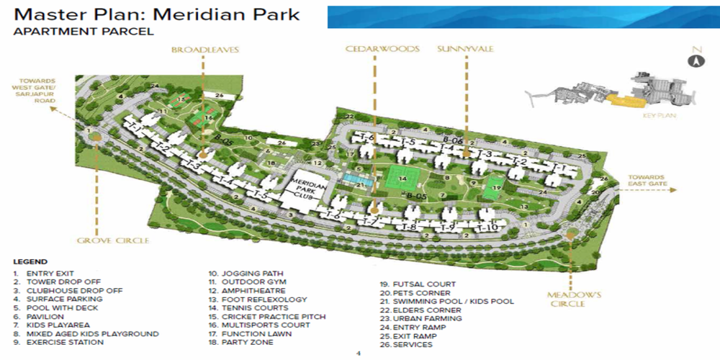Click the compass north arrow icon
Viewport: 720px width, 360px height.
pyautogui.click(x=696, y=60)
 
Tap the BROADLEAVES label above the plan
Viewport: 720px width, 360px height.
pyautogui.click(x=205, y=50)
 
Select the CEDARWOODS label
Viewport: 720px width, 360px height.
pyautogui.click(x=372, y=50)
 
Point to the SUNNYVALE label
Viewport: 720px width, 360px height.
pyautogui.click(x=464, y=50)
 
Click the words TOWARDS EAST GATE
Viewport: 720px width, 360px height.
pyautogui.click(x=652, y=181)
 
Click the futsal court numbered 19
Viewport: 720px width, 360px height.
pyautogui.click(x=493, y=189)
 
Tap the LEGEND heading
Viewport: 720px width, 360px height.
pyautogui.click(x=30, y=261)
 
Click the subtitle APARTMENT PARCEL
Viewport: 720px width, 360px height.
pyautogui.click(x=84, y=32)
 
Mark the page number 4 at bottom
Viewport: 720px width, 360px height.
pyautogui.click(x=359, y=354)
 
